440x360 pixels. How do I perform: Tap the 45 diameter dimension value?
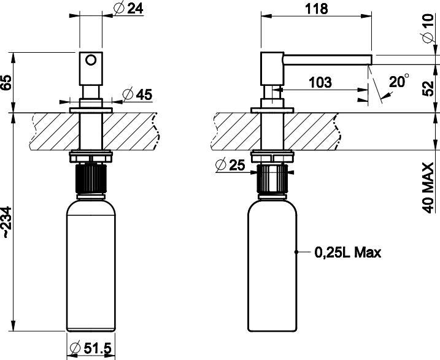(143, 94)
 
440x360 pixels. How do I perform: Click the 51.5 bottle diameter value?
(98, 348)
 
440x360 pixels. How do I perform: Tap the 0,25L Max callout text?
(348, 252)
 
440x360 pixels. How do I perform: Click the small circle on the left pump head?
(91, 60)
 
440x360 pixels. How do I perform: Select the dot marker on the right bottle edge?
(297, 251)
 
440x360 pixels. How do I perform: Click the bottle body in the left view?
(91, 264)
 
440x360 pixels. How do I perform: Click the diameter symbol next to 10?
(428, 40)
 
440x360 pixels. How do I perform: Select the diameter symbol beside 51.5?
(75, 348)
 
